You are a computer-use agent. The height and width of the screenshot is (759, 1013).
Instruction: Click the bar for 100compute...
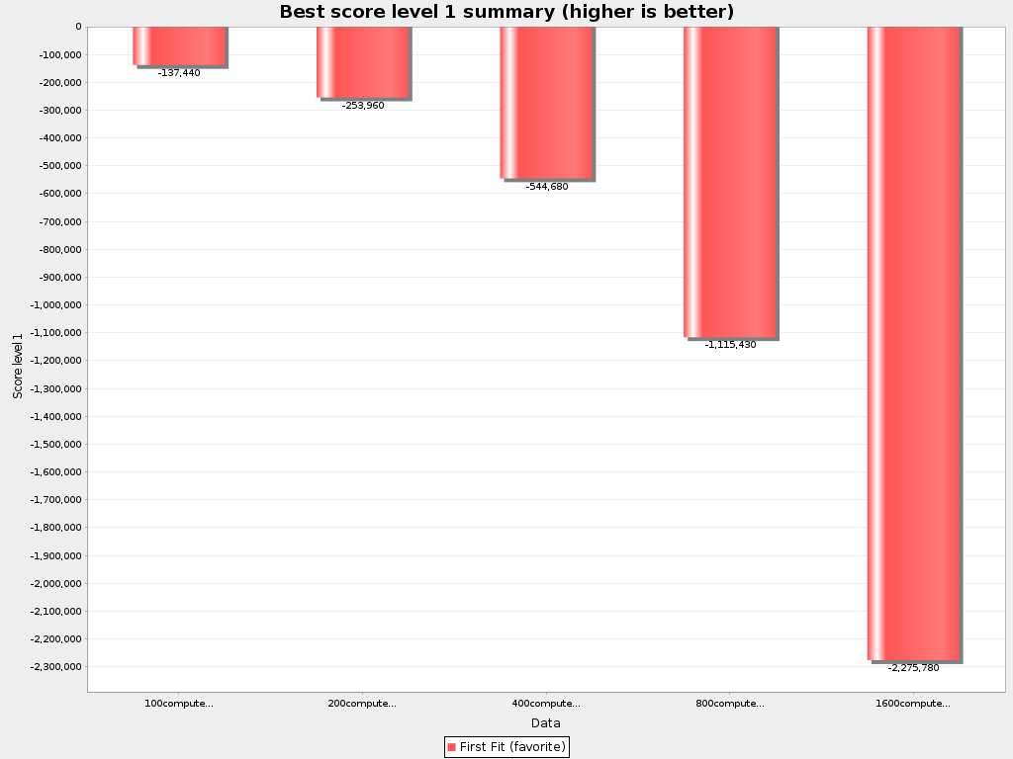[x=179, y=45]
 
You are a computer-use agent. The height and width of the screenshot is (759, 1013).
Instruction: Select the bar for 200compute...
[x=362, y=61]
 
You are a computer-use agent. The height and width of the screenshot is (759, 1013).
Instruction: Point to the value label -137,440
[x=179, y=73]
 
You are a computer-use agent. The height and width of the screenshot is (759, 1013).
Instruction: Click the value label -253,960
[x=363, y=106]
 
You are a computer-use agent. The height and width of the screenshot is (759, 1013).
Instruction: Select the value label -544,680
[x=547, y=187]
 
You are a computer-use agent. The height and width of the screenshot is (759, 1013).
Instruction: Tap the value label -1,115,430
[x=730, y=345]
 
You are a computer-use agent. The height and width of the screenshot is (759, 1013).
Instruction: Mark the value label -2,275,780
[x=913, y=668]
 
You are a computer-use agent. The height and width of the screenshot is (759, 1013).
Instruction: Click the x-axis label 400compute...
[x=546, y=704]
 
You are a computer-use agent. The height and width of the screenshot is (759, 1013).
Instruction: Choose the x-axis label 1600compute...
[x=913, y=704]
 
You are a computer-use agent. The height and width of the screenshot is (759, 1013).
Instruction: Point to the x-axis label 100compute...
[x=179, y=704]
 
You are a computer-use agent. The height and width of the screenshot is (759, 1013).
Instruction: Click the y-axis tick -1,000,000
[x=56, y=305]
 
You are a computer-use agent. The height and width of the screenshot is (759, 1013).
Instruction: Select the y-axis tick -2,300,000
[x=56, y=667]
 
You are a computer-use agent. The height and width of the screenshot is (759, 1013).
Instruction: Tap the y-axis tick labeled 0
[x=77, y=27]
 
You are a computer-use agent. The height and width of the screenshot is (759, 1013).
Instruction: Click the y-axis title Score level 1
[x=18, y=367]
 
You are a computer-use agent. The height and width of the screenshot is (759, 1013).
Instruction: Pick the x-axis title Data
[x=545, y=723]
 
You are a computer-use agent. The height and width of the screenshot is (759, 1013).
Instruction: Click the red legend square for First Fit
[x=451, y=747]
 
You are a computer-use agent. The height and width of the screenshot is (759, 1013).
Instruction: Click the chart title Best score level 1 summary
[x=506, y=12]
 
